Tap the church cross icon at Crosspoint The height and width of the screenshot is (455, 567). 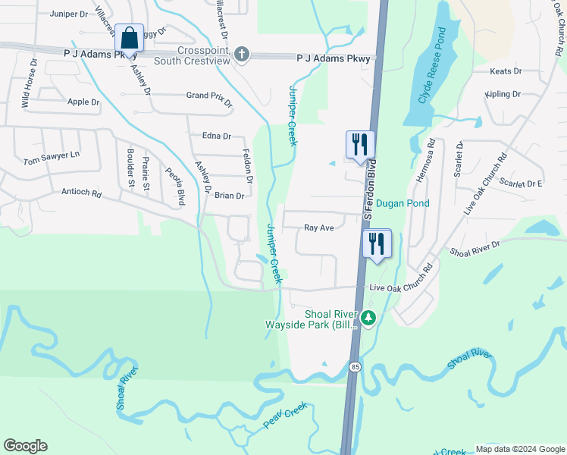tap(242, 55)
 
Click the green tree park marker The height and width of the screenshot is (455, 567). tap(368, 318)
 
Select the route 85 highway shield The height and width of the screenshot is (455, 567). tap(355, 367)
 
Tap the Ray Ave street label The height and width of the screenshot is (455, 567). tap(319, 227)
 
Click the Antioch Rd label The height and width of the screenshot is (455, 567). tap(81, 193)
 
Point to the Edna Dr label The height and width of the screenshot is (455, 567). tap(216, 136)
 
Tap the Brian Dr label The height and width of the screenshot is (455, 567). tap(229, 196)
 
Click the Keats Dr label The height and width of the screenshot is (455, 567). tap(506, 71)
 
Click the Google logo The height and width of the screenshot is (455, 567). tap(25, 446)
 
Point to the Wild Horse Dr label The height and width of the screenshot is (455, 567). tap(29, 83)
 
